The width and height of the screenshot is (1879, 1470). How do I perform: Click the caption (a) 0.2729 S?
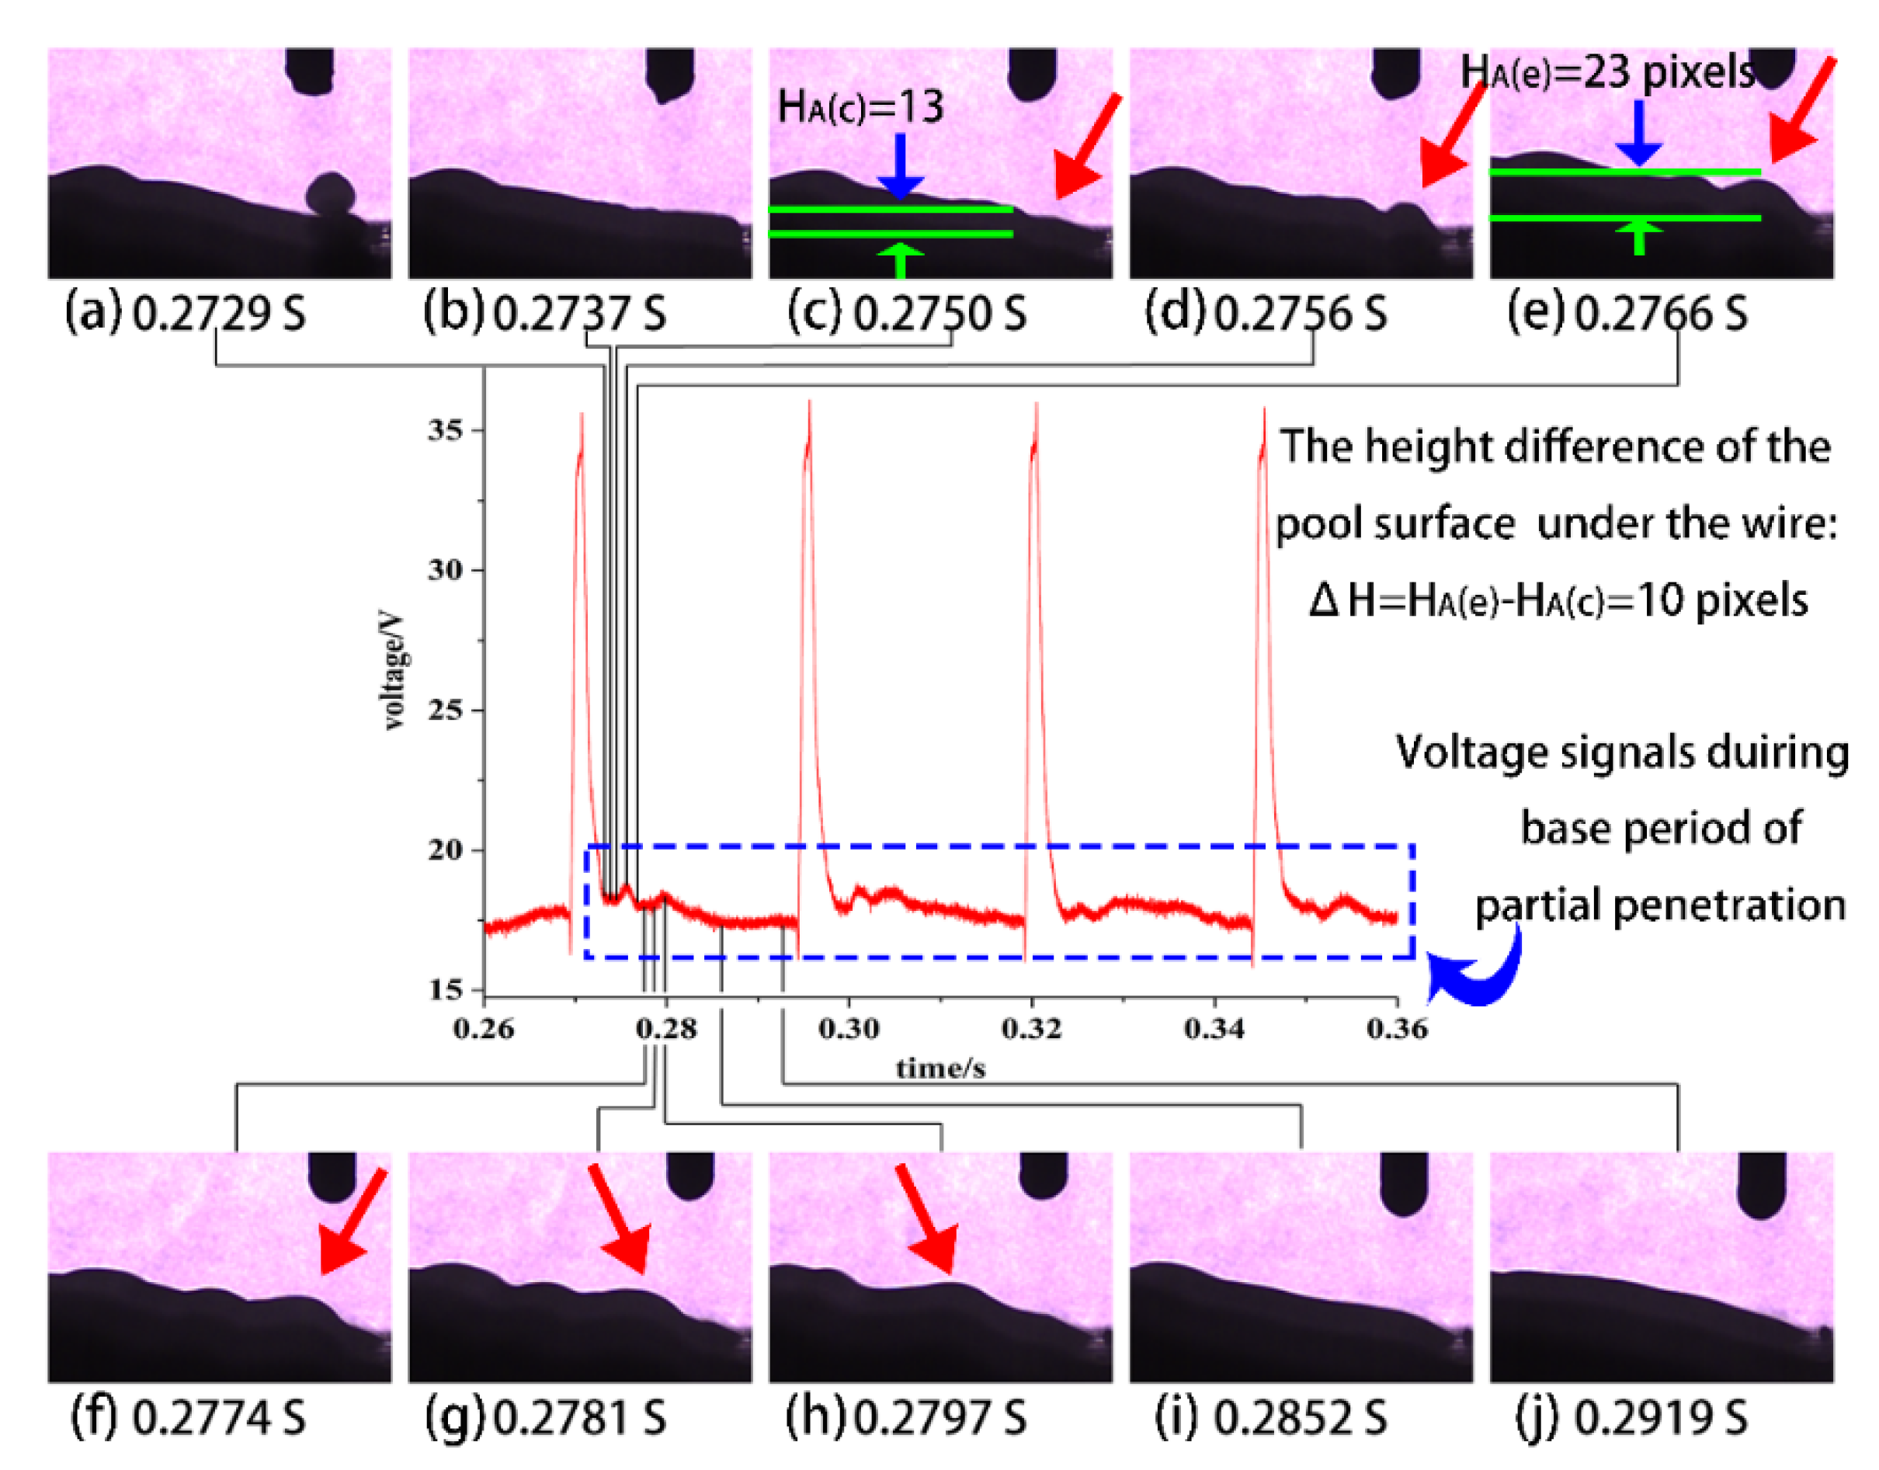click(185, 313)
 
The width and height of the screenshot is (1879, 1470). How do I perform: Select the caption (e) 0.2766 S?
click(1627, 313)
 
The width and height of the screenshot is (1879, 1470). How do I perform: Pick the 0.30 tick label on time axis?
click(849, 1027)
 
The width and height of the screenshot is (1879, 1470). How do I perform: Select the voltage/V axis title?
click(393, 671)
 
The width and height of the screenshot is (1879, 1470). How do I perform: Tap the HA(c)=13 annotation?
click(860, 106)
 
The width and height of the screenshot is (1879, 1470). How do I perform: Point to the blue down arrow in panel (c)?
click(900, 167)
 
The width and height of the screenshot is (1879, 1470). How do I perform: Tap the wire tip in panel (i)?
click(1403, 1205)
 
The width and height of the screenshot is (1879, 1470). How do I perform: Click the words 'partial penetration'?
click(1661, 906)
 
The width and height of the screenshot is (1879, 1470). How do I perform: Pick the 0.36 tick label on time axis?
click(1396, 1027)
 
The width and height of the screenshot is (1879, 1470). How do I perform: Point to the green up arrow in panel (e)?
click(1638, 236)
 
